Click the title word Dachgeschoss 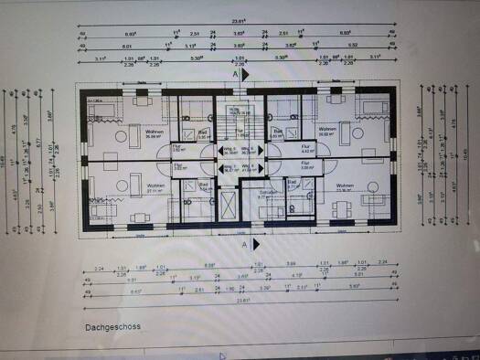[112, 325]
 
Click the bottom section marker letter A [244, 245]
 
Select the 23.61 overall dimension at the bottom [242, 301]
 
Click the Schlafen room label [267, 194]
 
